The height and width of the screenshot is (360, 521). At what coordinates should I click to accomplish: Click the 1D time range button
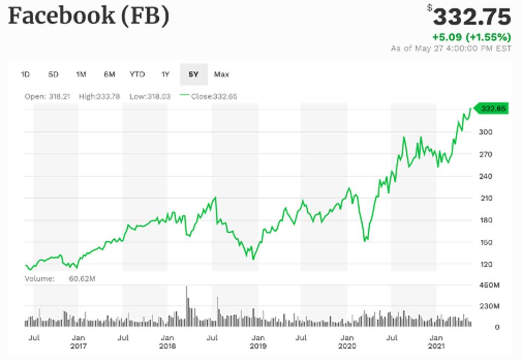[x=25, y=75]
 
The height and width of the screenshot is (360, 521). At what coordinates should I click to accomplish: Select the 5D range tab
[x=53, y=75]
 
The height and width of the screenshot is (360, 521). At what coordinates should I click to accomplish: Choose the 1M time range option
[x=81, y=75]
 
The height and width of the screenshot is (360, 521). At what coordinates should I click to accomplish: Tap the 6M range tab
[x=109, y=75]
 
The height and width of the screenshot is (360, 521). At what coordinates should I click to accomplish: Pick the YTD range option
[x=137, y=75]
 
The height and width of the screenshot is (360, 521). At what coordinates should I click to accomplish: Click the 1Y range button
[x=165, y=75]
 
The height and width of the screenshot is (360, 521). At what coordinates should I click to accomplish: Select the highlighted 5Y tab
[x=193, y=75]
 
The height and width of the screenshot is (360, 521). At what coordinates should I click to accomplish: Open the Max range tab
[x=221, y=75]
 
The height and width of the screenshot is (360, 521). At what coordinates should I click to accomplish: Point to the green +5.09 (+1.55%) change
[x=471, y=38]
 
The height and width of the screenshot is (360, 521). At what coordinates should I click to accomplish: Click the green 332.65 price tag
[x=493, y=109]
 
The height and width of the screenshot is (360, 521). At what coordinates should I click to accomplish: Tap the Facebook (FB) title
[x=88, y=16]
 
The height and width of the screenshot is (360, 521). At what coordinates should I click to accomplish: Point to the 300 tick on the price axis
[x=485, y=132]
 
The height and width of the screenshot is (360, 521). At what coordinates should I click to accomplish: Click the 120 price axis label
[x=485, y=264]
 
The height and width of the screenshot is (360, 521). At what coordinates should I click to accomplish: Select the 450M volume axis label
[x=488, y=285]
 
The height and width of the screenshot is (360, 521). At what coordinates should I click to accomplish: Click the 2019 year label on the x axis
[x=257, y=346]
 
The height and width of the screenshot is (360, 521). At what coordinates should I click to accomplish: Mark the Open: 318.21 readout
[x=47, y=96]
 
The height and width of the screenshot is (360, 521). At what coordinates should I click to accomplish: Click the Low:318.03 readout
[x=150, y=96]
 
